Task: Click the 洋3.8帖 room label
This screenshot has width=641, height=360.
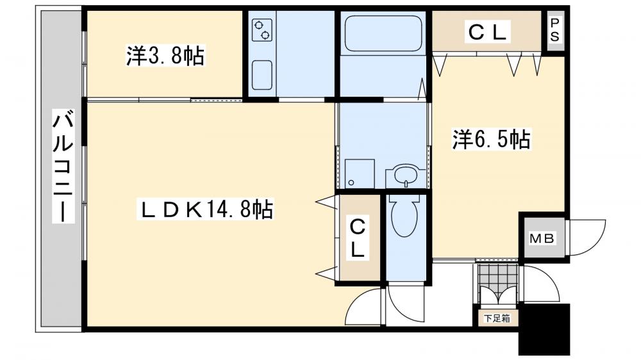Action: (165, 56)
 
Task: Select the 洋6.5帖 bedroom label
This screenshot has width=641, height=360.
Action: (492, 139)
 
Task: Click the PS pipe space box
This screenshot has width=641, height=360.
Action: (554, 30)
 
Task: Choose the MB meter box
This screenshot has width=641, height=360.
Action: (542, 239)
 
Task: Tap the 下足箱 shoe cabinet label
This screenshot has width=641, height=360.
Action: (496, 318)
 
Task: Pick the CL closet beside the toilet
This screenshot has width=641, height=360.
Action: (359, 238)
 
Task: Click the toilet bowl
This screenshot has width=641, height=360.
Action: (404, 217)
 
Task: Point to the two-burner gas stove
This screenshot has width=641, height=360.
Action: (263, 30)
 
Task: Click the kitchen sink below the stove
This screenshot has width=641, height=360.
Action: (263, 75)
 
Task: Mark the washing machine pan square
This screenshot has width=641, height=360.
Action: (360, 172)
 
